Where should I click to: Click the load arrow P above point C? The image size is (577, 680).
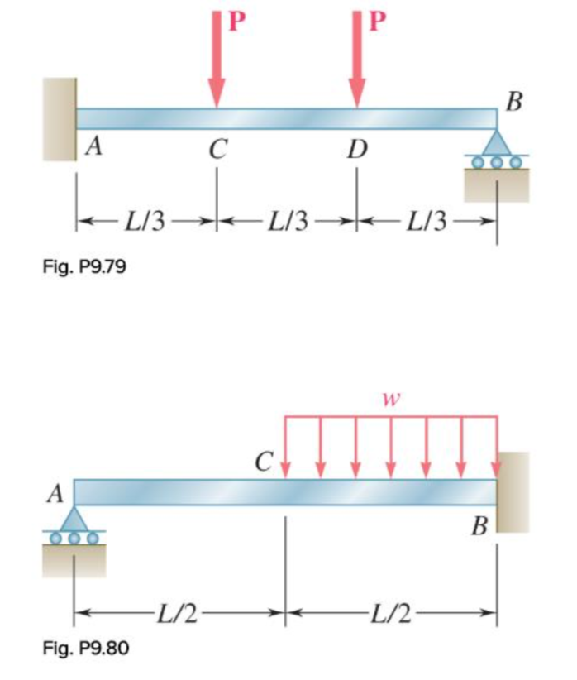tap(217, 62)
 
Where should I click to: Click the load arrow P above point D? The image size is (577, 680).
tap(357, 62)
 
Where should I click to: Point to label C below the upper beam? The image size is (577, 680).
tap(217, 150)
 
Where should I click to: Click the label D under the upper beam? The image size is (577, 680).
tap(357, 150)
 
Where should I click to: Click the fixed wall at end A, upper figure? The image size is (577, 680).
tap(60, 119)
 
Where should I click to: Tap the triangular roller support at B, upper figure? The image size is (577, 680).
tap(497, 143)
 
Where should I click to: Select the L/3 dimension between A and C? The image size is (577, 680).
tap(147, 222)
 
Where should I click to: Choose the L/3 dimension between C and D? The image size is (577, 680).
tap(288, 222)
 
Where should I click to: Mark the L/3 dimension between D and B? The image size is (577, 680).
tap(427, 222)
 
